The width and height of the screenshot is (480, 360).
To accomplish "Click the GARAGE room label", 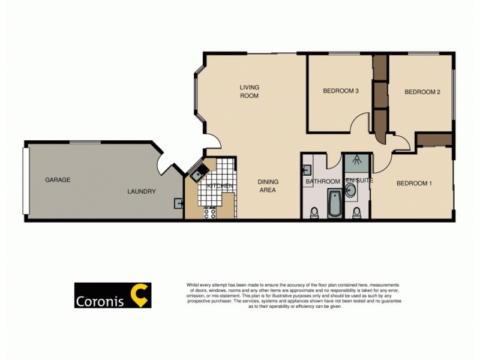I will [x=58, y=179].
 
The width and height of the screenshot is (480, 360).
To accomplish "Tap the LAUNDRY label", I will [x=142, y=192].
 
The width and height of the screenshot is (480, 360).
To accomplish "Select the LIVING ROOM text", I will [x=250, y=91].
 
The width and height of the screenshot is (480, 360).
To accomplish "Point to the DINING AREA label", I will [x=267, y=185].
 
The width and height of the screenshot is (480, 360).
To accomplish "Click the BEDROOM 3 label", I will [x=341, y=91].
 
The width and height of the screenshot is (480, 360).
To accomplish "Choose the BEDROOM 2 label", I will [x=422, y=92].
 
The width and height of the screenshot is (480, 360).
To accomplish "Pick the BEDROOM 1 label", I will [x=414, y=183].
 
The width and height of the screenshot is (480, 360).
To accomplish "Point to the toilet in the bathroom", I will [x=313, y=212].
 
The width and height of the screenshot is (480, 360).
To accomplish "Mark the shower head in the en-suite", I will [x=356, y=160].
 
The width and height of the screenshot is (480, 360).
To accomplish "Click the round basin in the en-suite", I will [x=351, y=191].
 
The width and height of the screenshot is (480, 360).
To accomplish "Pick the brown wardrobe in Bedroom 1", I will [x=434, y=140].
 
